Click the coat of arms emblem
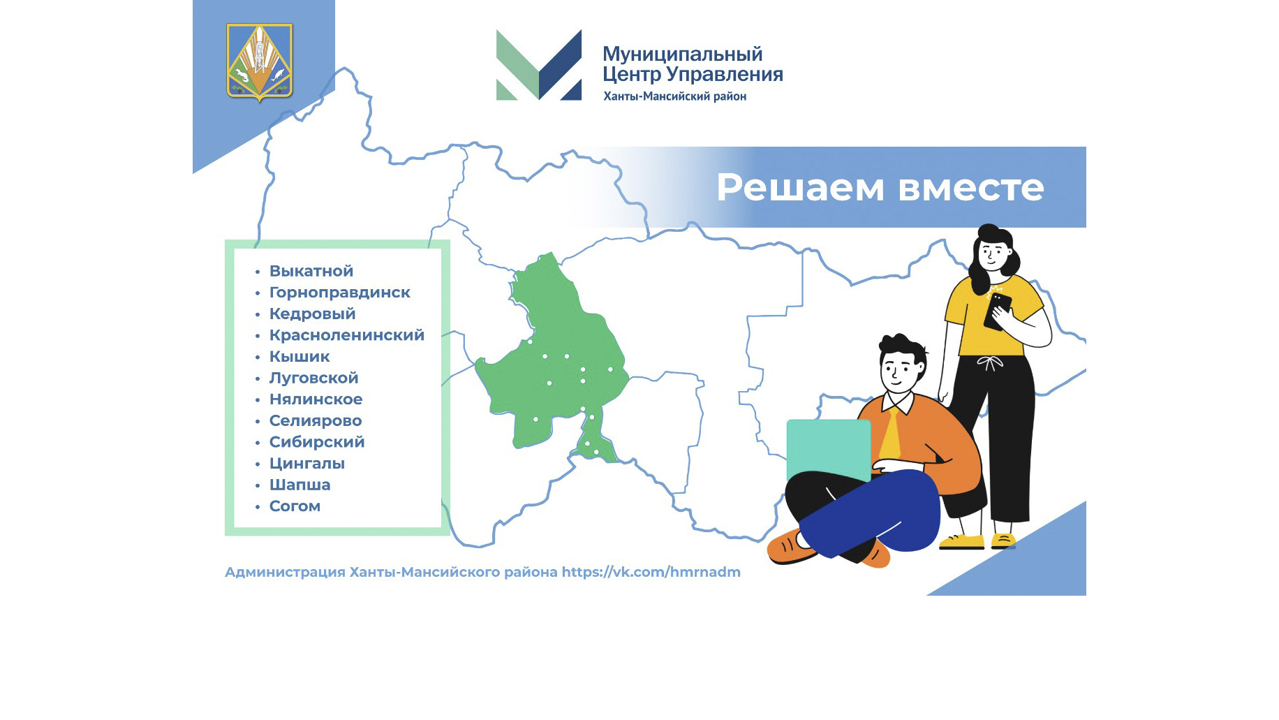coord(260,62)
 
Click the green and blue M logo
coord(538,65)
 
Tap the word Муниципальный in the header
coord(682,54)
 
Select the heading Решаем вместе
coord(880,187)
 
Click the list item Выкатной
coord(311,271)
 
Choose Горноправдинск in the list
coord(340,293)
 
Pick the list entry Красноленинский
coord(347,335)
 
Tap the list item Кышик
coord(300,356)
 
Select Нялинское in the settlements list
coord(316,399)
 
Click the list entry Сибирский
coord(317,442)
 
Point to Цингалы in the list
coord(307,464)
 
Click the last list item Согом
coord(295,506)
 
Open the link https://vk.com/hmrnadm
coord(651,572)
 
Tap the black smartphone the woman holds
coord(998,311)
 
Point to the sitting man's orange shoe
coord(790,546)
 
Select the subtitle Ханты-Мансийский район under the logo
coord(675,96)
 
